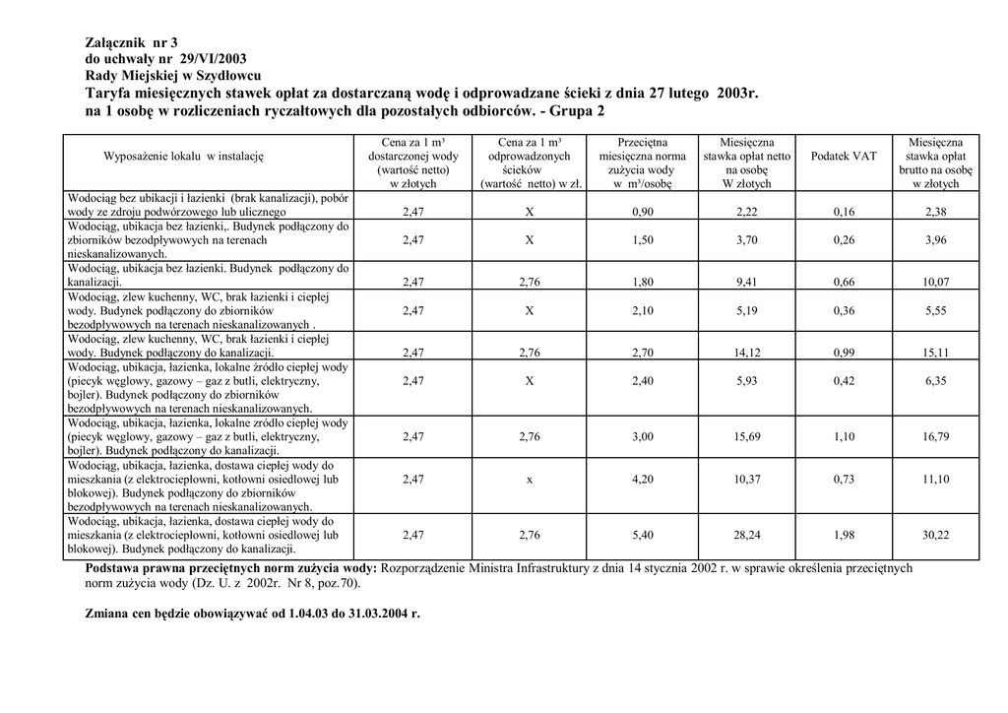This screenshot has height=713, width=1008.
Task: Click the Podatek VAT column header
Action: pos(844,157)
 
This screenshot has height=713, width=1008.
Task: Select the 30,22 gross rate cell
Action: pos(935,535)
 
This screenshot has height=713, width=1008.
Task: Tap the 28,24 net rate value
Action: pos(747,535)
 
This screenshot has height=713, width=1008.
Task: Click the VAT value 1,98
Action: pos(844,535)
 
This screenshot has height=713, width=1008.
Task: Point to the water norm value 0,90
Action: pos(643,212)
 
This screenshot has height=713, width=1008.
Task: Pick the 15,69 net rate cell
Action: pos(747,436)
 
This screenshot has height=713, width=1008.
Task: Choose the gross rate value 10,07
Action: pos(935,283)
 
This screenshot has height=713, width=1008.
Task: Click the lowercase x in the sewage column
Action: pos(529,480)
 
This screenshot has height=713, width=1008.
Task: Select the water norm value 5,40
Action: pos(643,535)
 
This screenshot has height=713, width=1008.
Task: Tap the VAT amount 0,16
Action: pos(844,212)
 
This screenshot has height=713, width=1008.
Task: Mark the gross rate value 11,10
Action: pos(935,480)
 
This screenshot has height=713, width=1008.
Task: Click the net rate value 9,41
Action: pos(747,283)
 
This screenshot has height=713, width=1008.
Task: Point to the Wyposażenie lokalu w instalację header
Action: pos(184,157)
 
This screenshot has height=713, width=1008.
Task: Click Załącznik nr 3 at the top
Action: pos(131,43)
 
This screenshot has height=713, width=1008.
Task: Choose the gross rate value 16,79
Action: pos(935,436)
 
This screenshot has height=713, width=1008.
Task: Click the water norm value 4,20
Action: pos(643,480)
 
